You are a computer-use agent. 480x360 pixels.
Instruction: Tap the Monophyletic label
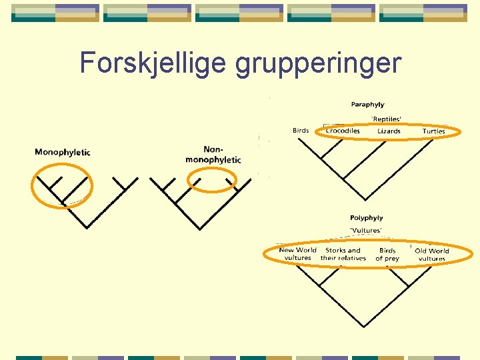[x=62, y=152]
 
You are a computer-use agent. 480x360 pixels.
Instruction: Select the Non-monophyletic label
[x=213, y=155]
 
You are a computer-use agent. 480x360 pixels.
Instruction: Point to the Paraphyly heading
[x=367, y=105]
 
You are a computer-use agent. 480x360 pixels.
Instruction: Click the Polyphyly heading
[x=367, y=218]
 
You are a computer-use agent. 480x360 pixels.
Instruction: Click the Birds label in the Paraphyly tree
[x=301, y=131]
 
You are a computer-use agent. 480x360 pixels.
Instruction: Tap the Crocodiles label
[x=343, y=131]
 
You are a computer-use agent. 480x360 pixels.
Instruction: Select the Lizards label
[x=389, y=131]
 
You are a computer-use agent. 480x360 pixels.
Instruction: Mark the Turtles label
[x=433, y=131]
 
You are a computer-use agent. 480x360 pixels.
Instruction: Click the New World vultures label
[x=297, y=254]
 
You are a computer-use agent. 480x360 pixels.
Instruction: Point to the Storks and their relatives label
[x=343, y=254]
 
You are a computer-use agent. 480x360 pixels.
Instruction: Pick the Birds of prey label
[x=387, y=254]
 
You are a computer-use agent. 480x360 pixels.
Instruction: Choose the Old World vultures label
[x=432, y=255]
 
